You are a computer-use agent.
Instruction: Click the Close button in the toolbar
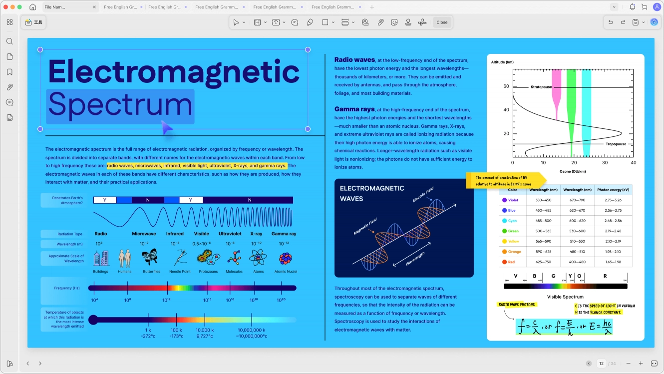[442, 22]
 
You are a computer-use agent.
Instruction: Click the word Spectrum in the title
[120, 105]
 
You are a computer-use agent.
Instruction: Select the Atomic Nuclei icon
[286, 258]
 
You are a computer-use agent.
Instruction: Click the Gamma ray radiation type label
[284, 234]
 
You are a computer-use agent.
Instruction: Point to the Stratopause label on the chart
[541, 87]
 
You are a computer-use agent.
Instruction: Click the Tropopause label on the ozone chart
[616, 144]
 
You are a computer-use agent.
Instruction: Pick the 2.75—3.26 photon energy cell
[613, 200]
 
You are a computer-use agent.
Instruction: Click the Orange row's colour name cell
[514, 252]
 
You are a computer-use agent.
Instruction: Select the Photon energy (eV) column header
[613, 190]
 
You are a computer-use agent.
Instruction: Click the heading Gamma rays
[354, 109]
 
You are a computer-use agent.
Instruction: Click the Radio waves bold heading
[354, 60]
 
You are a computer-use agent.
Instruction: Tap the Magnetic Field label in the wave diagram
[364, 226]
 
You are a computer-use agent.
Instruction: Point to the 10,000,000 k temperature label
[251, 331]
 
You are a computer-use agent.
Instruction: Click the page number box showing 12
[602, 364]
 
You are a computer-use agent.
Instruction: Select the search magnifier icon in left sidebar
[9, 41]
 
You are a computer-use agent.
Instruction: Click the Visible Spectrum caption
[565, 297]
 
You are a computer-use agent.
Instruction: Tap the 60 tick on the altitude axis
[506, 86]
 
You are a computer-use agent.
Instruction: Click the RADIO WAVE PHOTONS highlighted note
[517, 305]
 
